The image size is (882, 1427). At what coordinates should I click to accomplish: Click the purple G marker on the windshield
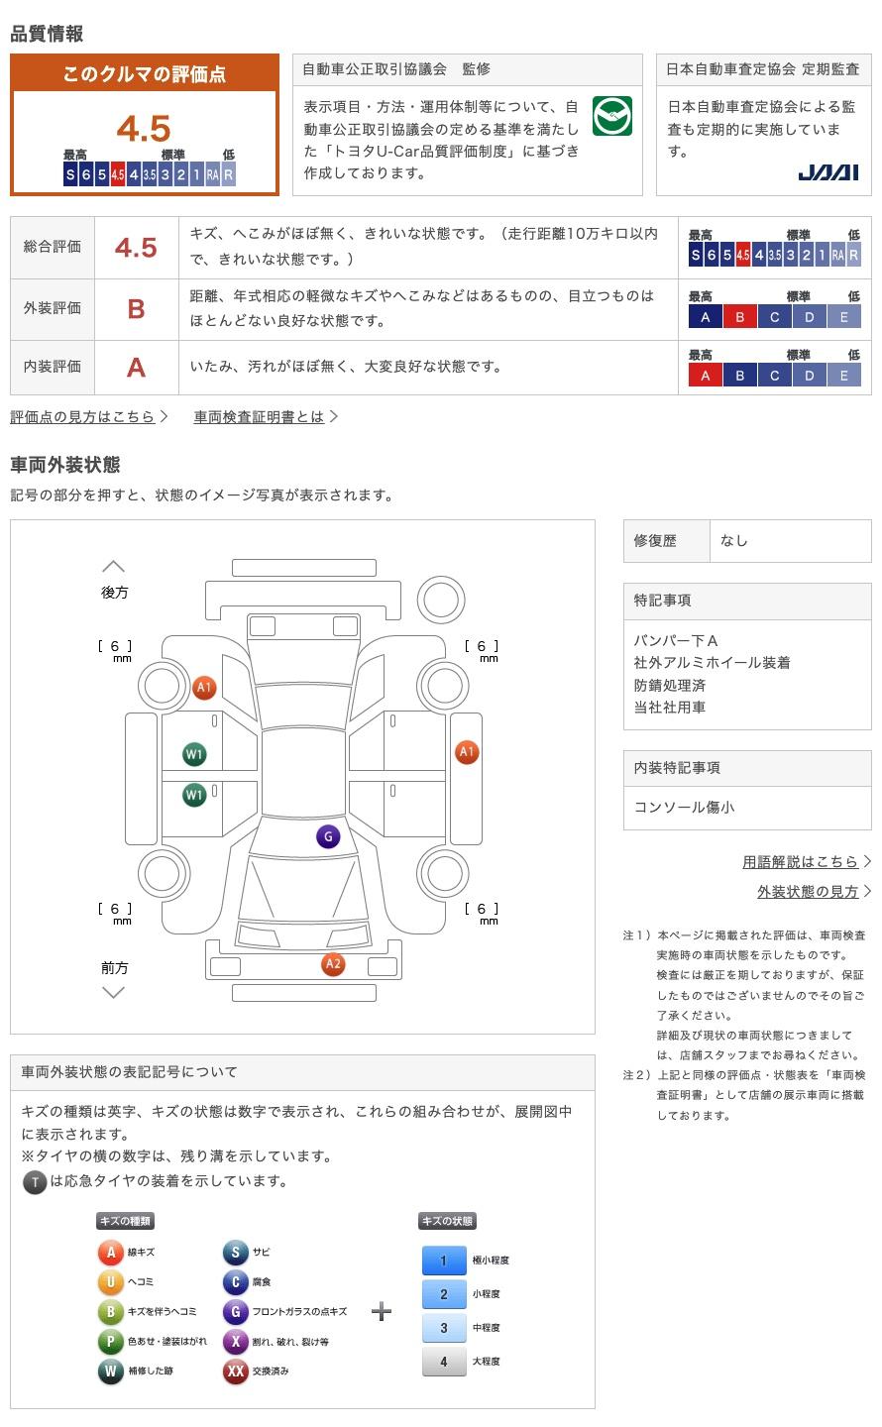328,836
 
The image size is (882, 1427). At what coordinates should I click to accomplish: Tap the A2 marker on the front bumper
333,964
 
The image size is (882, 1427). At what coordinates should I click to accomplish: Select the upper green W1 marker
193,754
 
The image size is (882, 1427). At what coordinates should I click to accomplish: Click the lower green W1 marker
193,795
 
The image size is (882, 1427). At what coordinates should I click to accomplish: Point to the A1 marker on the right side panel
467,752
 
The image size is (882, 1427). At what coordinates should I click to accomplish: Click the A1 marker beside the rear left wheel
204,688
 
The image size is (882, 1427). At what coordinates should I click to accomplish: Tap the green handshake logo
611,116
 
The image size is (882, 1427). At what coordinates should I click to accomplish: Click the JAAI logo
827,172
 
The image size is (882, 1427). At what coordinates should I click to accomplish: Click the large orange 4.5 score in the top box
144,128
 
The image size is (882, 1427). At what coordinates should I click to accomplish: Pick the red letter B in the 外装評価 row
136,309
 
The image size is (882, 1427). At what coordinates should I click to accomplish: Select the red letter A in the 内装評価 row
136,368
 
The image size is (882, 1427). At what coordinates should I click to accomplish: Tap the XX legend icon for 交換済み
235,1371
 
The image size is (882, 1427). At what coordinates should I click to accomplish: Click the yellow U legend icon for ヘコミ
110,1281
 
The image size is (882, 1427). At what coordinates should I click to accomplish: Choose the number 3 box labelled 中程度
444,1328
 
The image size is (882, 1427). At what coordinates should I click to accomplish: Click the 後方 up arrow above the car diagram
113,566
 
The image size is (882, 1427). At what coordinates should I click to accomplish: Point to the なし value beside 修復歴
733,541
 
